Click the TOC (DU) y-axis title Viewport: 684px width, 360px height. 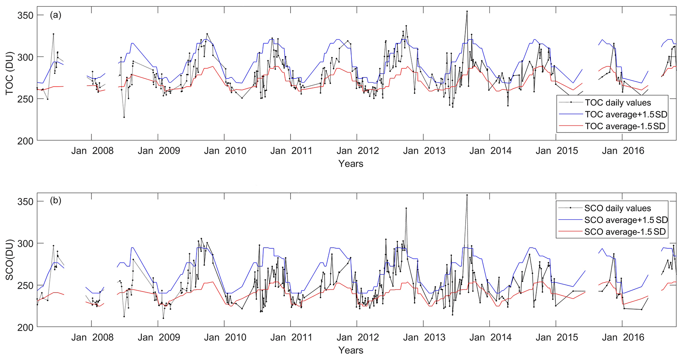point(10,73)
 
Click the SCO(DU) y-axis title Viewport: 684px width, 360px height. point(10,260)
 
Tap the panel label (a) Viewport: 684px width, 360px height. point(56,15)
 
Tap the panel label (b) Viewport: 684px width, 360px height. point(56,201)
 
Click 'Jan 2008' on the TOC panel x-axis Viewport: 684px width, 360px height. point(92,151)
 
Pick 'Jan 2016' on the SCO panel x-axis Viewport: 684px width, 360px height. point(623,337)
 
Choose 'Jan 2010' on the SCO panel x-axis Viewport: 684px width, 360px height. point(225,337)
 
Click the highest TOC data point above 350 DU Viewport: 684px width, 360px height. point(467,11)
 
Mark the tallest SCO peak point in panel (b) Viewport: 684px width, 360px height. point(467,195)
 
